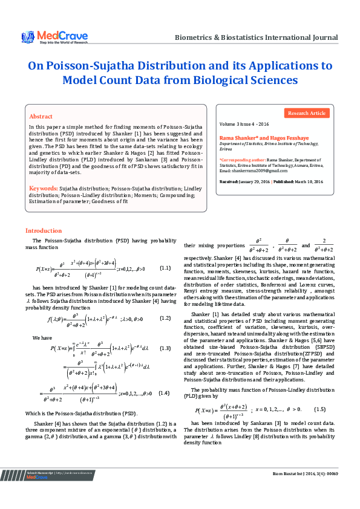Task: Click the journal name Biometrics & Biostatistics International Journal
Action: pos(256,37)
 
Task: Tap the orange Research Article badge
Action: pos(307,113)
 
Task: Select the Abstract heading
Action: pos(41,116)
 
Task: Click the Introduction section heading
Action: pos(43,231)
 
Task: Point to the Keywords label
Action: pos(44,189)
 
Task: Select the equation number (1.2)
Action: pos(165,318)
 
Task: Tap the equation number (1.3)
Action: pos(165,348)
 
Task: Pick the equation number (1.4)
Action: pos(165,392)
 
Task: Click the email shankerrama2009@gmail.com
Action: pos(249,171)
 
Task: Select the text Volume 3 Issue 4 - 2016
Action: pos(245,123)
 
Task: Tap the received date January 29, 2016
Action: pos(255,181)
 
